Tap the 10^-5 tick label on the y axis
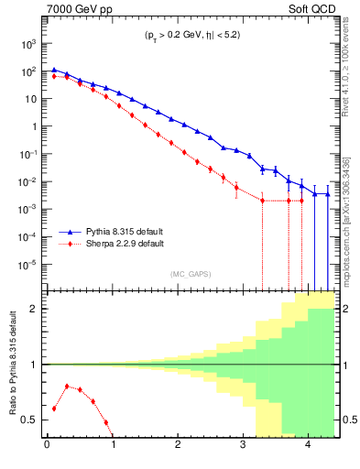point(28,265)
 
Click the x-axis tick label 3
point(243,446)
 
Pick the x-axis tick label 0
point(47,446)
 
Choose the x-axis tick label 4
point(308,446)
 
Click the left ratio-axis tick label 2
point(34,309)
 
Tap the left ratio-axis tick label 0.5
point(29,420)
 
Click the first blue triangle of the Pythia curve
point(54,69)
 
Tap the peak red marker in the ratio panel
point(67,386)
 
